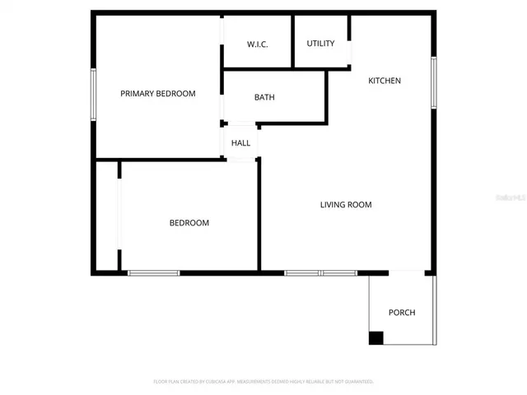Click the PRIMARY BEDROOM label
click(x=158, y=94)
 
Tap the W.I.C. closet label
click(x=258, y=44)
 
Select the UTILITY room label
click(x=320, y=44)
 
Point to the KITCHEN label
click(x=385, y=81)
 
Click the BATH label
click(x=264, y=97)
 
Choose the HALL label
click(x=240, y=143)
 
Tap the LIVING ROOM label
click(x=346, y=205)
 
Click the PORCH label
click(x=402, y=313)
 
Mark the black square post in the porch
click(x=376, y=337)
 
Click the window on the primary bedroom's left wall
click(x=94, y=94)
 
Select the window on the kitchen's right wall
click(x=433, y=83)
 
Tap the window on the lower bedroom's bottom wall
click(x=154, y=272)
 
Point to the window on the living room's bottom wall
click(x=320, y=272)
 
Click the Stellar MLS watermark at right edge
click(x=520, y=197)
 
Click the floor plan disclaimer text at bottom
click(x=263, y=382)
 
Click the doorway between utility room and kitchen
click(x=351, y=52)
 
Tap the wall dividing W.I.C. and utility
click(x=294, y=41)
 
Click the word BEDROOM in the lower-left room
click(x=189, y=223)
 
